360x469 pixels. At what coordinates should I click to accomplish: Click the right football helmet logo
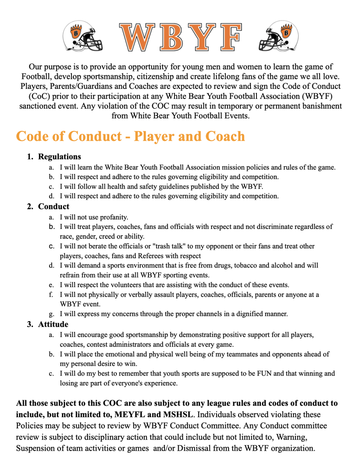(x=275, y=36)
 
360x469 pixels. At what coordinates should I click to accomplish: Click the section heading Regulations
(x=60, y=157)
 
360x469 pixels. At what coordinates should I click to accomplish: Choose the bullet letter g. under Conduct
(x=52, y=314)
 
